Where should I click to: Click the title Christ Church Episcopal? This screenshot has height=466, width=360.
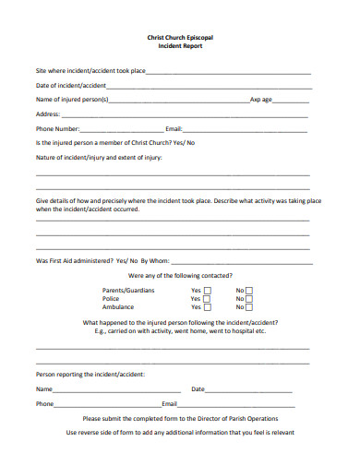[x=180, y=38]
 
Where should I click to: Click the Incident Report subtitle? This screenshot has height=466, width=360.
[x=180, y=46]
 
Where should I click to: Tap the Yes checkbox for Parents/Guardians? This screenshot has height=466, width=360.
[x=207, y=291]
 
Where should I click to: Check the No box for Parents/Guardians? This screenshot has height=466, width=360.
[x=249, y=291]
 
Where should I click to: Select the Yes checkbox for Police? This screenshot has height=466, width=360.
[x=207, y=300]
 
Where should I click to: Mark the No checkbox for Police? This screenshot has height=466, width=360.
[x=249, y=300]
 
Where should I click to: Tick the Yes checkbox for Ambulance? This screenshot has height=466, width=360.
[x=207, y=308]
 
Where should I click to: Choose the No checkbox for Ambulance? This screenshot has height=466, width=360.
[x=249, y=308]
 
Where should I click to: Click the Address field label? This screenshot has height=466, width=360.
[x=48, y=114]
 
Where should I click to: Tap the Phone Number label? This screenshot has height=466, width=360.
[x=58, y=128]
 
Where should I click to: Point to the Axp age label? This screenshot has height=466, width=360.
[x=261, y=100]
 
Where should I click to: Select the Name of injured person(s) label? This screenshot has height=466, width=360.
[x=72, y=100]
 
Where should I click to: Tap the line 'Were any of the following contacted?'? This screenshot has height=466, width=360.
[x=180, y=275]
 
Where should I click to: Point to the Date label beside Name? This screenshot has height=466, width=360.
[x=198, y=389]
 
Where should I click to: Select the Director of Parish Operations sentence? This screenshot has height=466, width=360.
[x=180, y=418]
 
